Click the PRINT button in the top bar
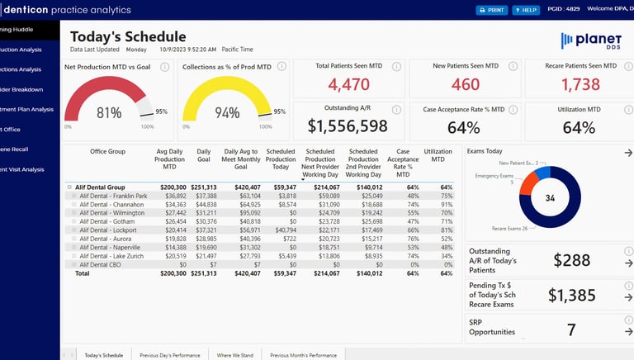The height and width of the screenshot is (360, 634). [492, 10]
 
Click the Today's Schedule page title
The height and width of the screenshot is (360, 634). [128, 36]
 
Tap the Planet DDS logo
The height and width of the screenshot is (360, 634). [590, 40]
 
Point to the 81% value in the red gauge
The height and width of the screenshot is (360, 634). [109, 113]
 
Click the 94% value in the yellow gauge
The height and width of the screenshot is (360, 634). [227, 113]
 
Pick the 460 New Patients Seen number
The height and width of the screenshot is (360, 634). [466, 84]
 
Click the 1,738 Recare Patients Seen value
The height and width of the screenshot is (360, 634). [580, 84]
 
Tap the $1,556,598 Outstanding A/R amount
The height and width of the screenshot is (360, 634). [348, 126]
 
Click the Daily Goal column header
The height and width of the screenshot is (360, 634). [204, 157]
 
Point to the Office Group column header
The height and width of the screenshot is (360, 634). [107, 151]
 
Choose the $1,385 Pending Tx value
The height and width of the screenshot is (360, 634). [572, 296]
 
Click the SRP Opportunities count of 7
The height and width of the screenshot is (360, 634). [571, 330]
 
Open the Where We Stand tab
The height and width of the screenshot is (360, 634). [234, 355]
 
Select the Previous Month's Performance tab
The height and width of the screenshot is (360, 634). [303, 355]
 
